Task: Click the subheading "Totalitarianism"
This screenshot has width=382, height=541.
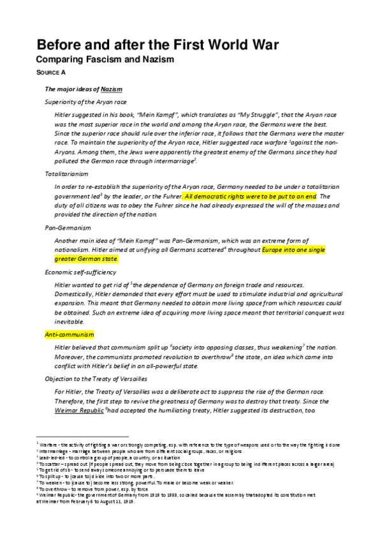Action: [67, 174]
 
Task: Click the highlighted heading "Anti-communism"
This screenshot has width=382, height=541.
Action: [69, 334]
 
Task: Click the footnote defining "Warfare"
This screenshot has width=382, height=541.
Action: [191, 442]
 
